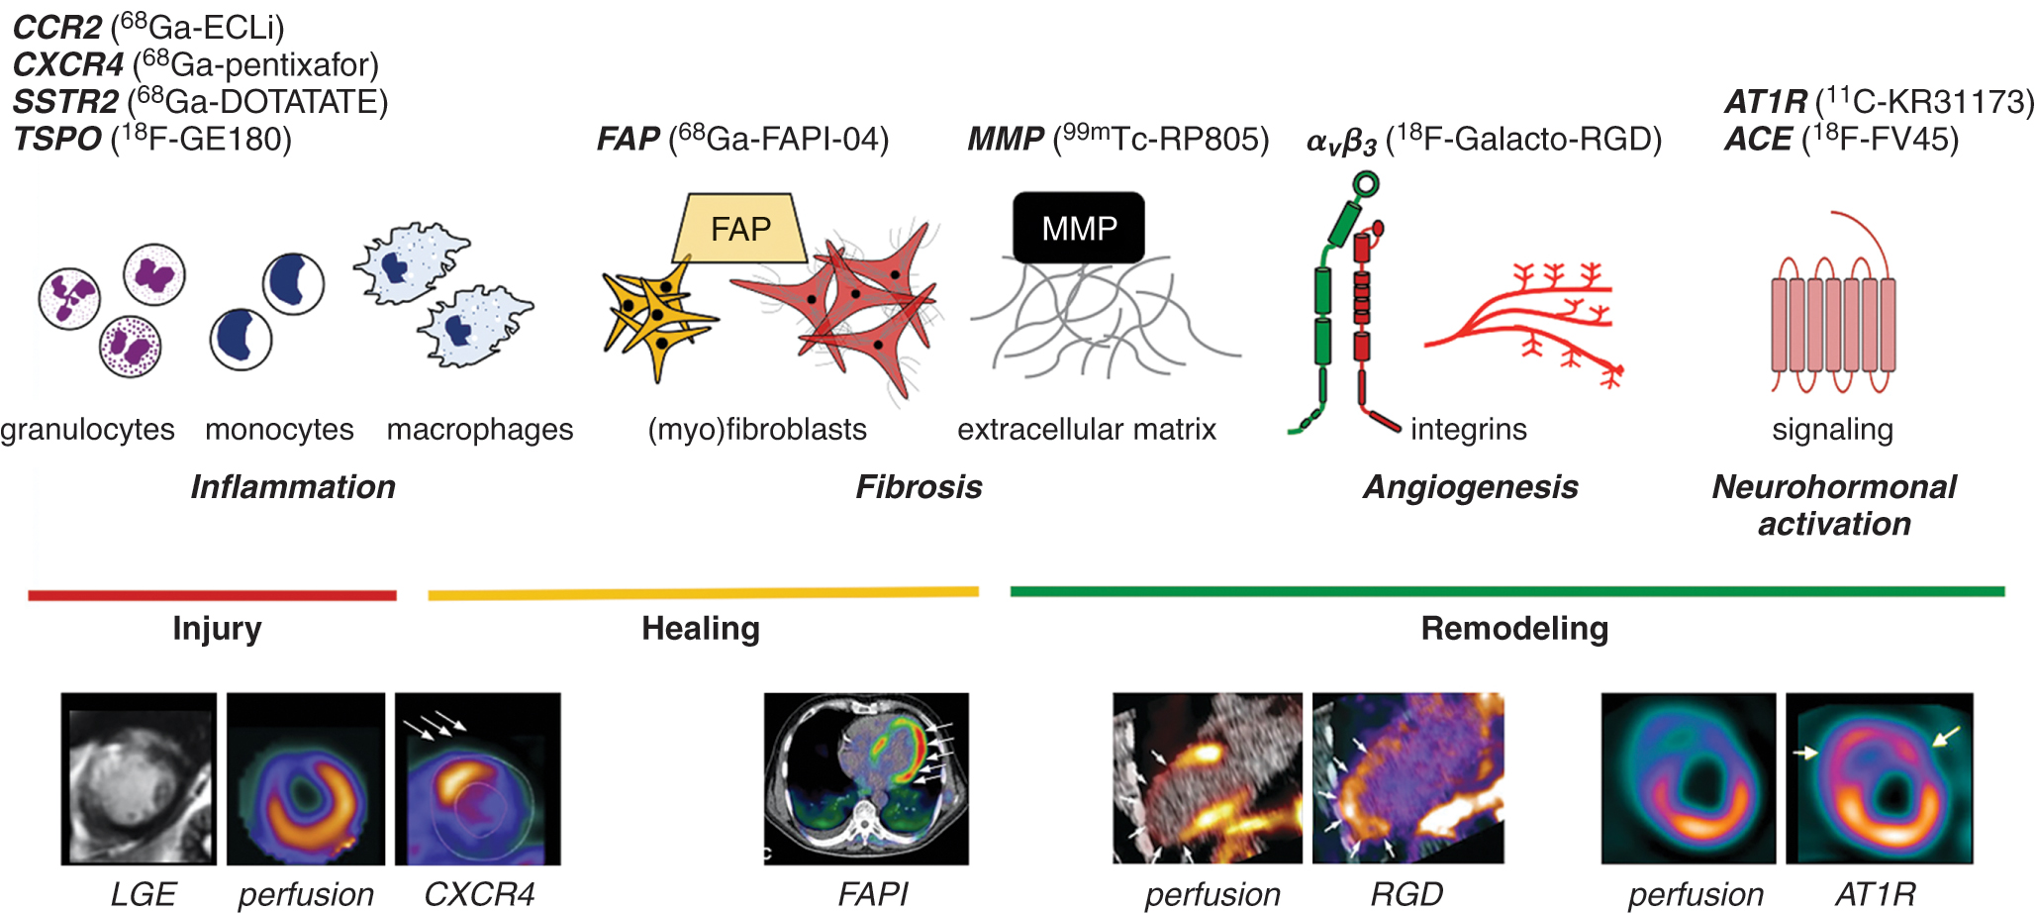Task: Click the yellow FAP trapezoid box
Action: pos(740,229)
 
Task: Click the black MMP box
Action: pos(1079,228)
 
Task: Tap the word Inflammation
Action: pos(293,487)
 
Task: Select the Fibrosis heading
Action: pos(919,487)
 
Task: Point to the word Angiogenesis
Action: pos(1470,487)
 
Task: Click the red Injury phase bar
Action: pos(212,595)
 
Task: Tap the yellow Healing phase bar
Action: pos(703,593)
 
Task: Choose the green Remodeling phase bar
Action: pos(1506,591)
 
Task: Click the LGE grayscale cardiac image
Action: pos(139,778)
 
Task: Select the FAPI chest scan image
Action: pos(866,778)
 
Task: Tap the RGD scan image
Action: pos(1407,778)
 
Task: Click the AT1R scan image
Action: pos(1879,778)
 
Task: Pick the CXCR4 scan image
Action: pos(477,778)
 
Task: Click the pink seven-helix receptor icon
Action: pos(1832,325)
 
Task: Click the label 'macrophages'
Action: pos(480,430)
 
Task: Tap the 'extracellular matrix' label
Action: pos(1087,430)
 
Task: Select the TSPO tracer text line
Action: pos(152,140)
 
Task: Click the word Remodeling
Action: pos(1514,629)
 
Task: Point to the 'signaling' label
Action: pos(1832,430)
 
